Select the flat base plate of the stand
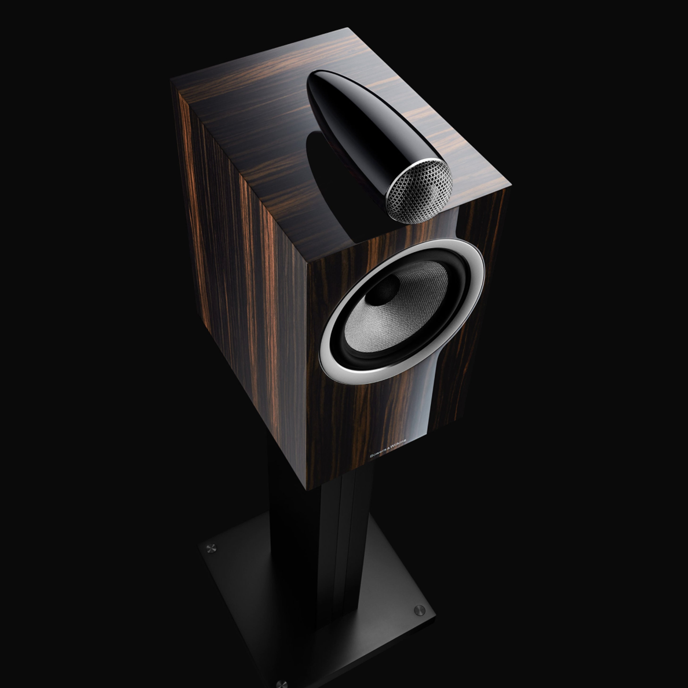(320, 605)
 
